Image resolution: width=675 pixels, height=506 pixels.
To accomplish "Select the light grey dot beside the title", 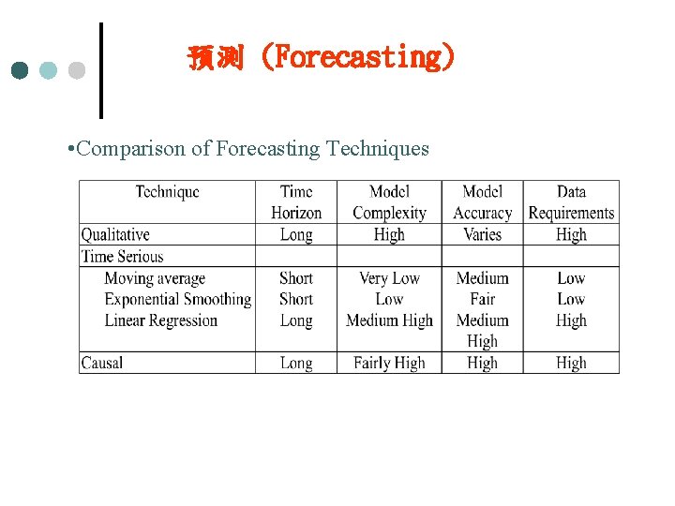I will point(77,70).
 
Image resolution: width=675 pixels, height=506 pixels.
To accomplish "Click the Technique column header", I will point(167,192).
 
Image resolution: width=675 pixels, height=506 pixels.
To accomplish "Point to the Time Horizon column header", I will point(296,202).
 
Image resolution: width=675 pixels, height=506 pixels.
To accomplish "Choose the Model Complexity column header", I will point(389,202).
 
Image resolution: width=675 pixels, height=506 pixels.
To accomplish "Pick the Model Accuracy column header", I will point(482,202).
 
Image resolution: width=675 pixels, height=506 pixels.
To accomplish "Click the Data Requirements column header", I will point(571,202).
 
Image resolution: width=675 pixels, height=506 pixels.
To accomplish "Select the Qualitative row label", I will point(115,234).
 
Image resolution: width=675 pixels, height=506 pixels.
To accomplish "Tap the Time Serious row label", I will point(122,256).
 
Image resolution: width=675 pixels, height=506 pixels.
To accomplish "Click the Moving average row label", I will point(155,278).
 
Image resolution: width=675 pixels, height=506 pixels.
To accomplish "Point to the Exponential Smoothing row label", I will point(177,300).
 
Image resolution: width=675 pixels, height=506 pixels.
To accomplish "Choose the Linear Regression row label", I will point(160,320).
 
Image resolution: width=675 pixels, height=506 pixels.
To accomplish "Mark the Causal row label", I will point(102,363).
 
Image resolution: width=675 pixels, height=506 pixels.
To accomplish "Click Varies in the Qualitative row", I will point(482,234).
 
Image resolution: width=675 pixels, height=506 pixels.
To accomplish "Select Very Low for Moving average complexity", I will point(389,278).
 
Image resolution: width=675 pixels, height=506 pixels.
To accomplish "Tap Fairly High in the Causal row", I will point(389,363).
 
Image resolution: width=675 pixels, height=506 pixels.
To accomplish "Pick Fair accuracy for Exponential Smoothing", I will point(482,300).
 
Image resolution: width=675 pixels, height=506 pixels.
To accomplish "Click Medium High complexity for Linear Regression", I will point(389,320).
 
